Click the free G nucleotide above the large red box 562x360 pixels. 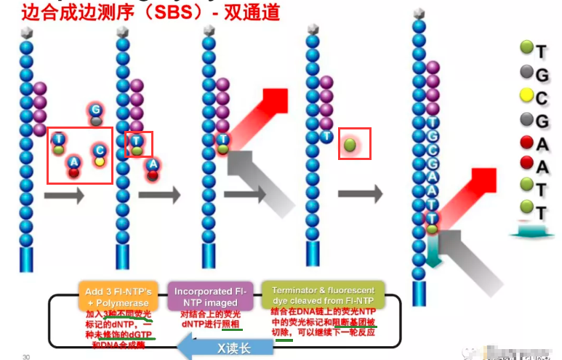click(96, 111)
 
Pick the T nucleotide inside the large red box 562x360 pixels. click(59, 140)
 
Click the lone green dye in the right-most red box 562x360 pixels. click(350, 143)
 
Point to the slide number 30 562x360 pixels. click(26, 356)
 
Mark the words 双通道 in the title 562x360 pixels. click(251, 13)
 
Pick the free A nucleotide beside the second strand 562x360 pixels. click(153, 167)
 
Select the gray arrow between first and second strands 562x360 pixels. click(64, 195)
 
